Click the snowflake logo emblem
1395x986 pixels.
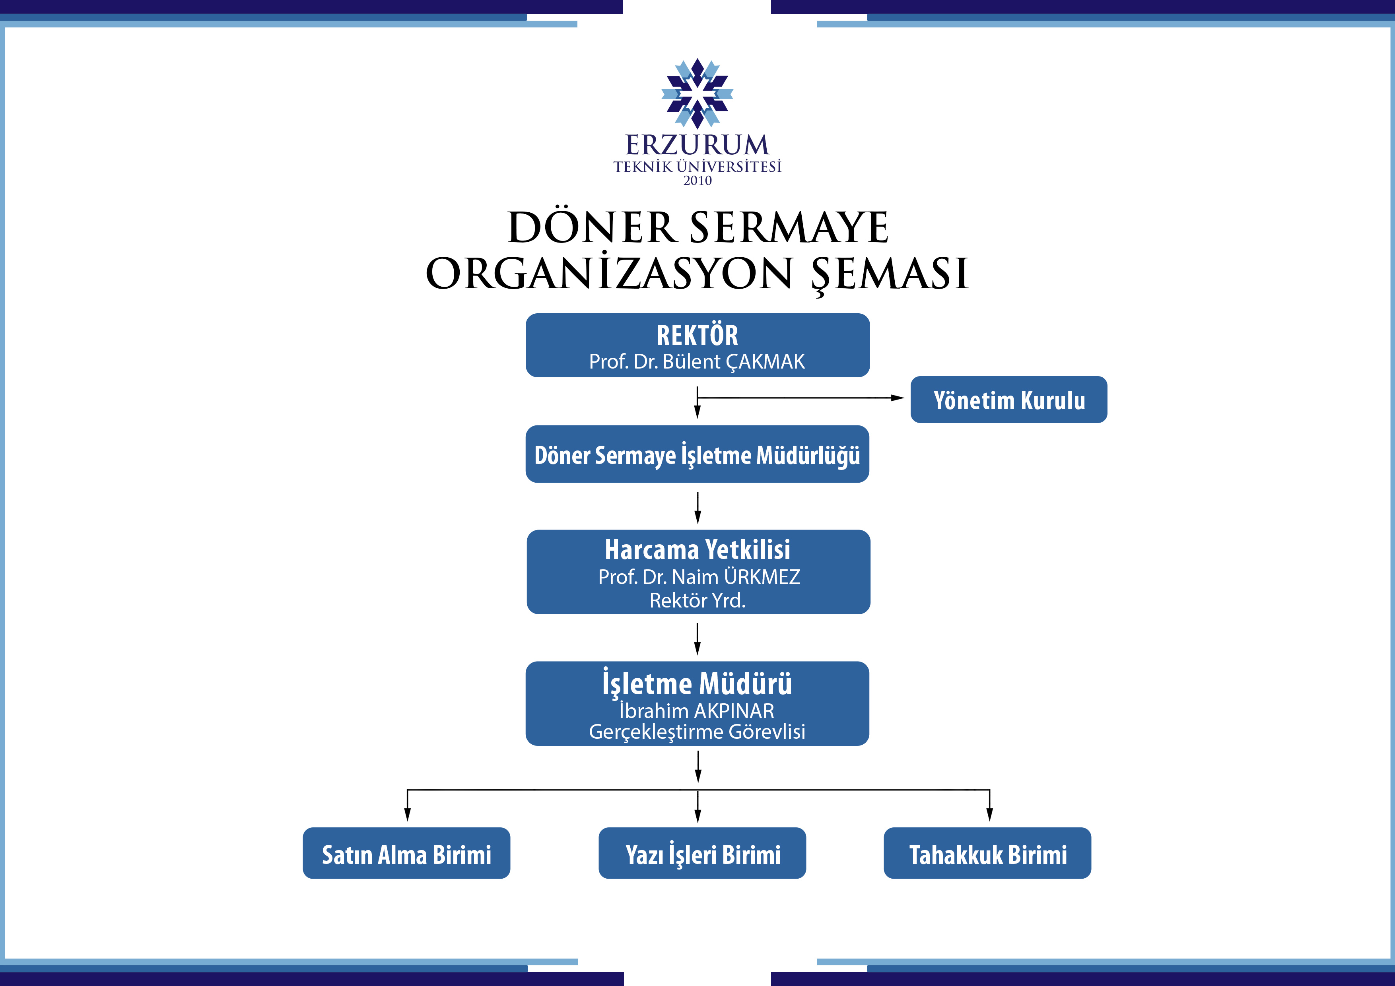(x=697, y=93)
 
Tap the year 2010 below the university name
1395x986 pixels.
(x=697, y=181)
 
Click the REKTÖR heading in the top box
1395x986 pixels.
(x=697, y=335)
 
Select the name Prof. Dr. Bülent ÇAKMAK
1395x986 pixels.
(x=697, y=362)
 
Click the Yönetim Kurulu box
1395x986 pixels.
(x=1008, y=400)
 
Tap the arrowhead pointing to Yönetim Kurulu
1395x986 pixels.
(x=898, y=398)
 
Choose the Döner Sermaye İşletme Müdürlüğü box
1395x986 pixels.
(x=697, y=454)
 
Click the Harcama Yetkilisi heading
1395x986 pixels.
(x=697, y=550)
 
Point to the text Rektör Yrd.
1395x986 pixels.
(x=697, y=600)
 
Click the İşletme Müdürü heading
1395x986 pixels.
(x=697, y=683)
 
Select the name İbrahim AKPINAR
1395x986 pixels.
(x=697, y=711)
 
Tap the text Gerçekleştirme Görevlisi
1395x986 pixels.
(x=697, y=732)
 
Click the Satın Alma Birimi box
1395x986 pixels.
(x=406, y=854)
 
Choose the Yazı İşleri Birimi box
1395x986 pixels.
(x=702, y=854)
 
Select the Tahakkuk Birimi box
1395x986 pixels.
(x=987, y=854)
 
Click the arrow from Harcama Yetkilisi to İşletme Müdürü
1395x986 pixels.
(x=697, y=639)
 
